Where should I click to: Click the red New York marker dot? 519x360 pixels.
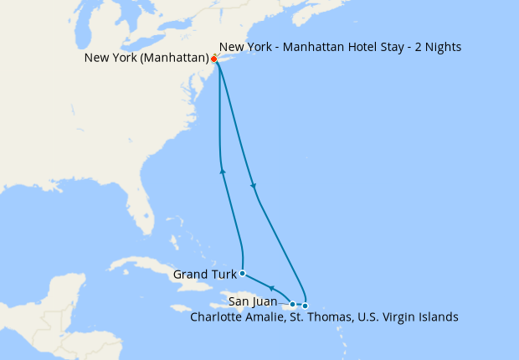pyautogui.click(x=214, y=59)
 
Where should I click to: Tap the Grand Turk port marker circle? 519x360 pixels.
pyautogui.click(x=242, y=273)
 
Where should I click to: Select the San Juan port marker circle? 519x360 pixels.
pyautogui.click(x=293, y=304)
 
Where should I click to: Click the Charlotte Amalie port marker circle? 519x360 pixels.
pyautogui.click(x=306, y=306)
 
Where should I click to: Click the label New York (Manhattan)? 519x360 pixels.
pyautogui.click(x=146, y=59)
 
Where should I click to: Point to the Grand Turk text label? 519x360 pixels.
pyautogui.click(x=203, y=274)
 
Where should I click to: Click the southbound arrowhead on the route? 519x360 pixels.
pyautogui.click(x=253, y=185)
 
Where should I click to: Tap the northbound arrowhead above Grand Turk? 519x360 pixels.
pyautogui.click(x=223, y=171)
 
